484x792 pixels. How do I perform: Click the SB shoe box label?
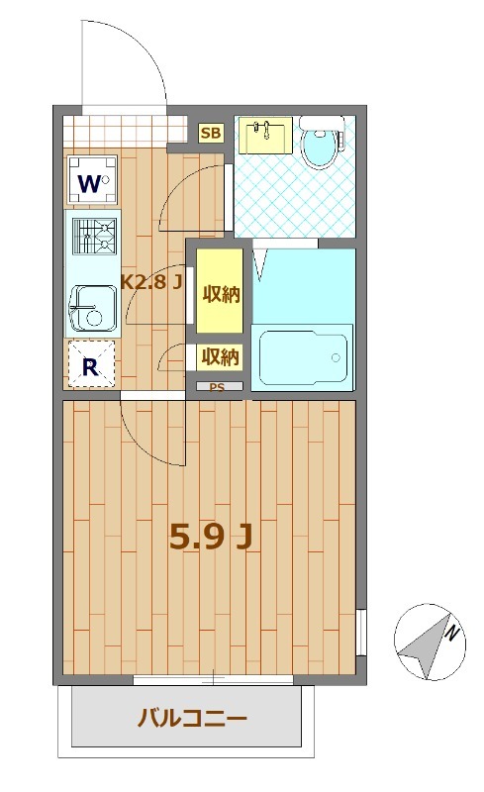point(211,134)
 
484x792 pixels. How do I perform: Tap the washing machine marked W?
point(92,180)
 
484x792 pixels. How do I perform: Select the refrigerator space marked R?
point(91,364)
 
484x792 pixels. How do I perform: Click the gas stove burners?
point(94,236)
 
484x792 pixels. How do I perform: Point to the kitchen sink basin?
point(93,309)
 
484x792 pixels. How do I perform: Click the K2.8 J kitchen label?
point(151,281)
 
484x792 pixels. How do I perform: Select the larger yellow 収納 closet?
point(220,291)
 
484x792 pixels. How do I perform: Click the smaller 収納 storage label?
point(220,357)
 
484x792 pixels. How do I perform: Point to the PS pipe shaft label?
point(217,387)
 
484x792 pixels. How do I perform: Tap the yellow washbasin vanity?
point(265,135)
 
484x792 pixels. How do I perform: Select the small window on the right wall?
point(360,633)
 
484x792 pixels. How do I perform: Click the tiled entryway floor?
point(125,130)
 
